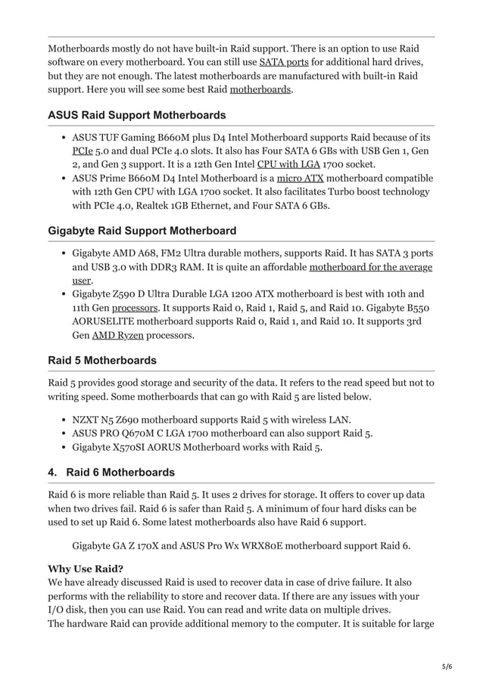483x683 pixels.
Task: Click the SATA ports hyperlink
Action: [x=284, y=61]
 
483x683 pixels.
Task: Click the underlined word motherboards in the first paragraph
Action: [x=260, y=88]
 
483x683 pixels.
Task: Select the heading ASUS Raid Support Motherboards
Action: [x=136, y=116]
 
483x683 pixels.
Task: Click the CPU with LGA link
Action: [x=288, y=164]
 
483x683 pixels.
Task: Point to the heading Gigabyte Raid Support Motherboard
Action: [x=142, y=231]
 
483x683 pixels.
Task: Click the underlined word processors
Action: [x=136, y=307]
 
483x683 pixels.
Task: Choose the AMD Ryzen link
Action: [x=117, y=334]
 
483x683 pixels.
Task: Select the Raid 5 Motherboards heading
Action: [x=102, y=360]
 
